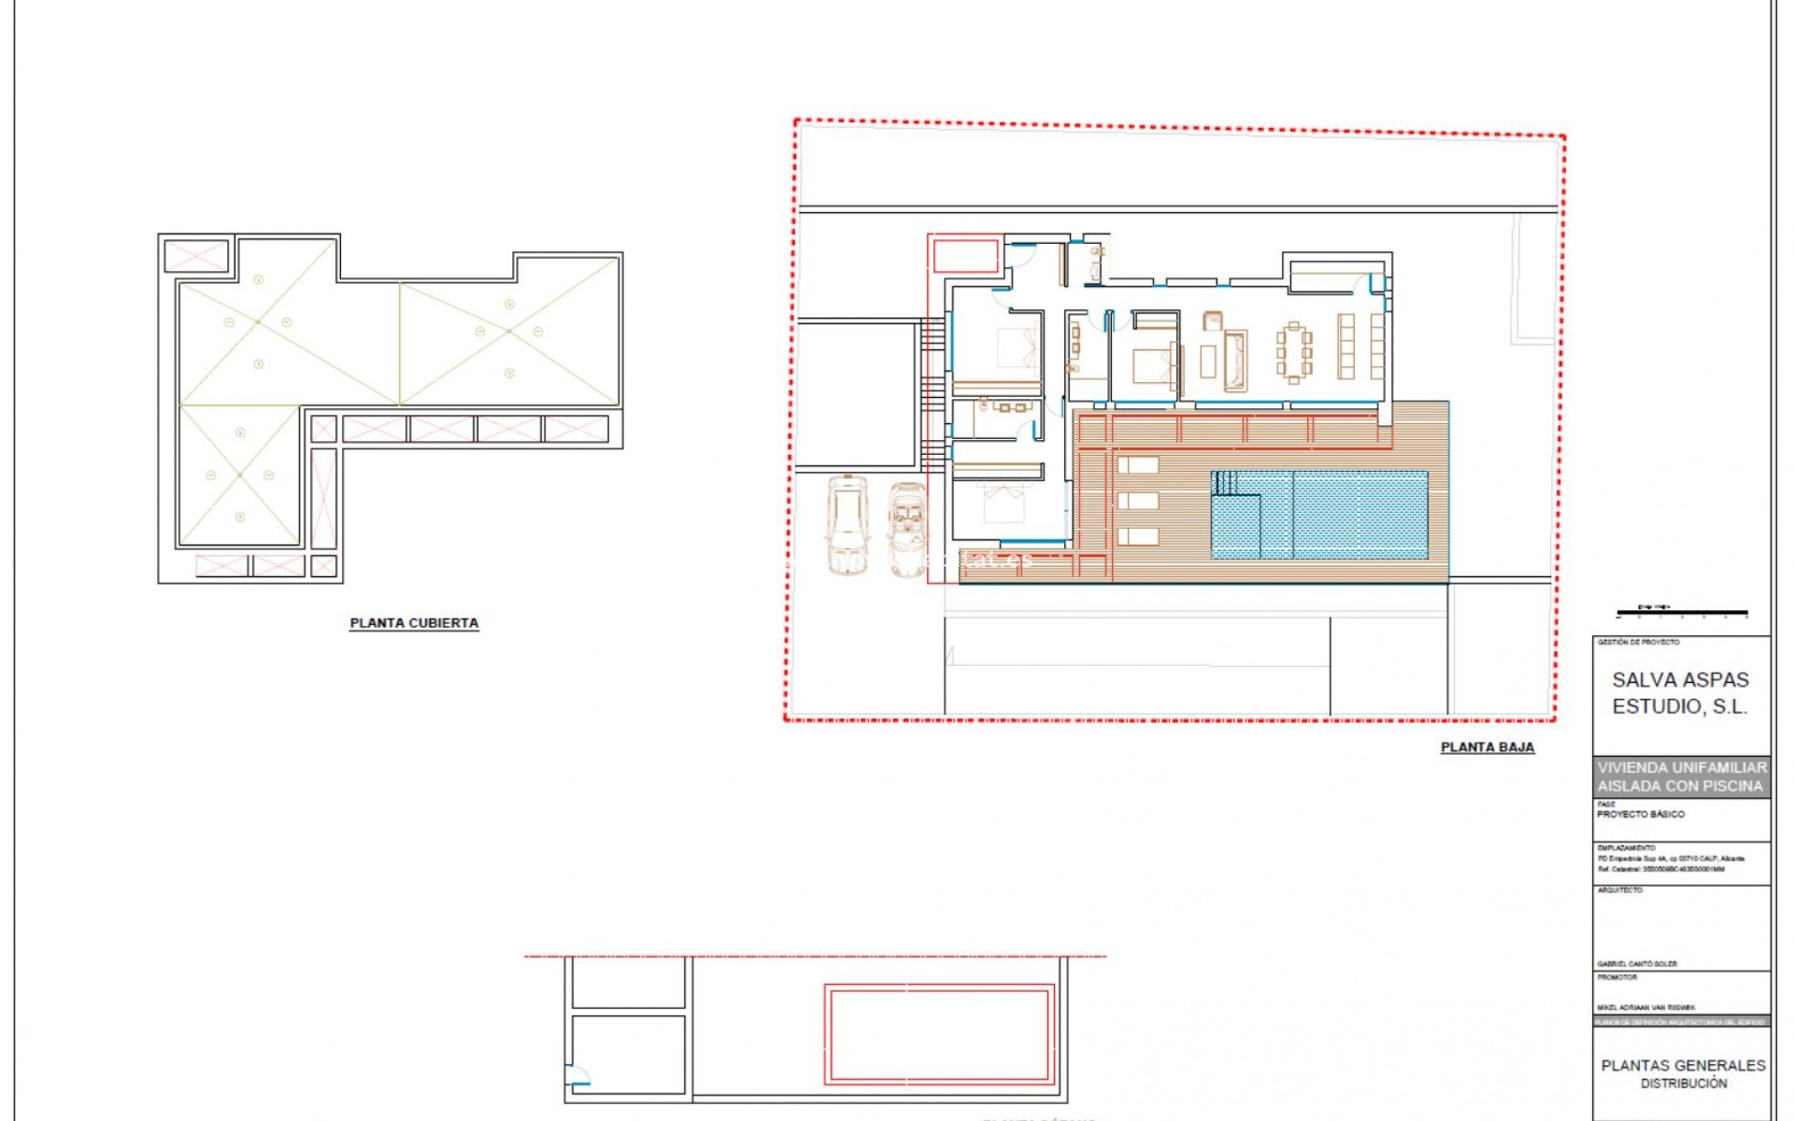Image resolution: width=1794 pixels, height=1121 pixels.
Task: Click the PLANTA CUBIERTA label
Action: tap(414, 623)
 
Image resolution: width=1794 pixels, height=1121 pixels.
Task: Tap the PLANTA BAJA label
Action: tap(1487, 747)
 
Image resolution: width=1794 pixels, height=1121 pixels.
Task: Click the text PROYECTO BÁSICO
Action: tap(1641, 815)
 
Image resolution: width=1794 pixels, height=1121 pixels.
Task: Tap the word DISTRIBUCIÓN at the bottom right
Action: tap(1684, 1084)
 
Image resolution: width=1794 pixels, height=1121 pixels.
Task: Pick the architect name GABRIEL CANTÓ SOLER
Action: tap(1637, 964)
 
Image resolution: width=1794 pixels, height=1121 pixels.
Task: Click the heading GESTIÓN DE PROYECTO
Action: tap(1638, 643)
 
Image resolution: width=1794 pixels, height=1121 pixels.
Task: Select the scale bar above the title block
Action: tap(1682, 614)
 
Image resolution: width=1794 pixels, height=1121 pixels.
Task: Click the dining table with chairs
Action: tap(1294, 352)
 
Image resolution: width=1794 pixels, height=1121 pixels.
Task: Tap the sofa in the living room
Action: tap(1235, 361)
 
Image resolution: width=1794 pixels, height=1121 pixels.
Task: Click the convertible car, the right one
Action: tap(906, 528)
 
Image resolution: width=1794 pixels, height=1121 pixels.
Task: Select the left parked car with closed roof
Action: tap(847, 525)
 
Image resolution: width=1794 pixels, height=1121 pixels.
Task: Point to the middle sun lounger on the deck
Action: tap(1137, 501)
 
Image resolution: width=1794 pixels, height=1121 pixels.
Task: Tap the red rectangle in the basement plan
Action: tap(939, 1034)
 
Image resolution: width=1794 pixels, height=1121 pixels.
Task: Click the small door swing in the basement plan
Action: tap(579, 1076)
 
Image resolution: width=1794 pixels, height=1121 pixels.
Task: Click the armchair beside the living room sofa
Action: tap(1213, 320)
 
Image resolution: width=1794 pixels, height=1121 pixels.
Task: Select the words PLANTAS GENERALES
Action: tap(1683, 1065)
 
